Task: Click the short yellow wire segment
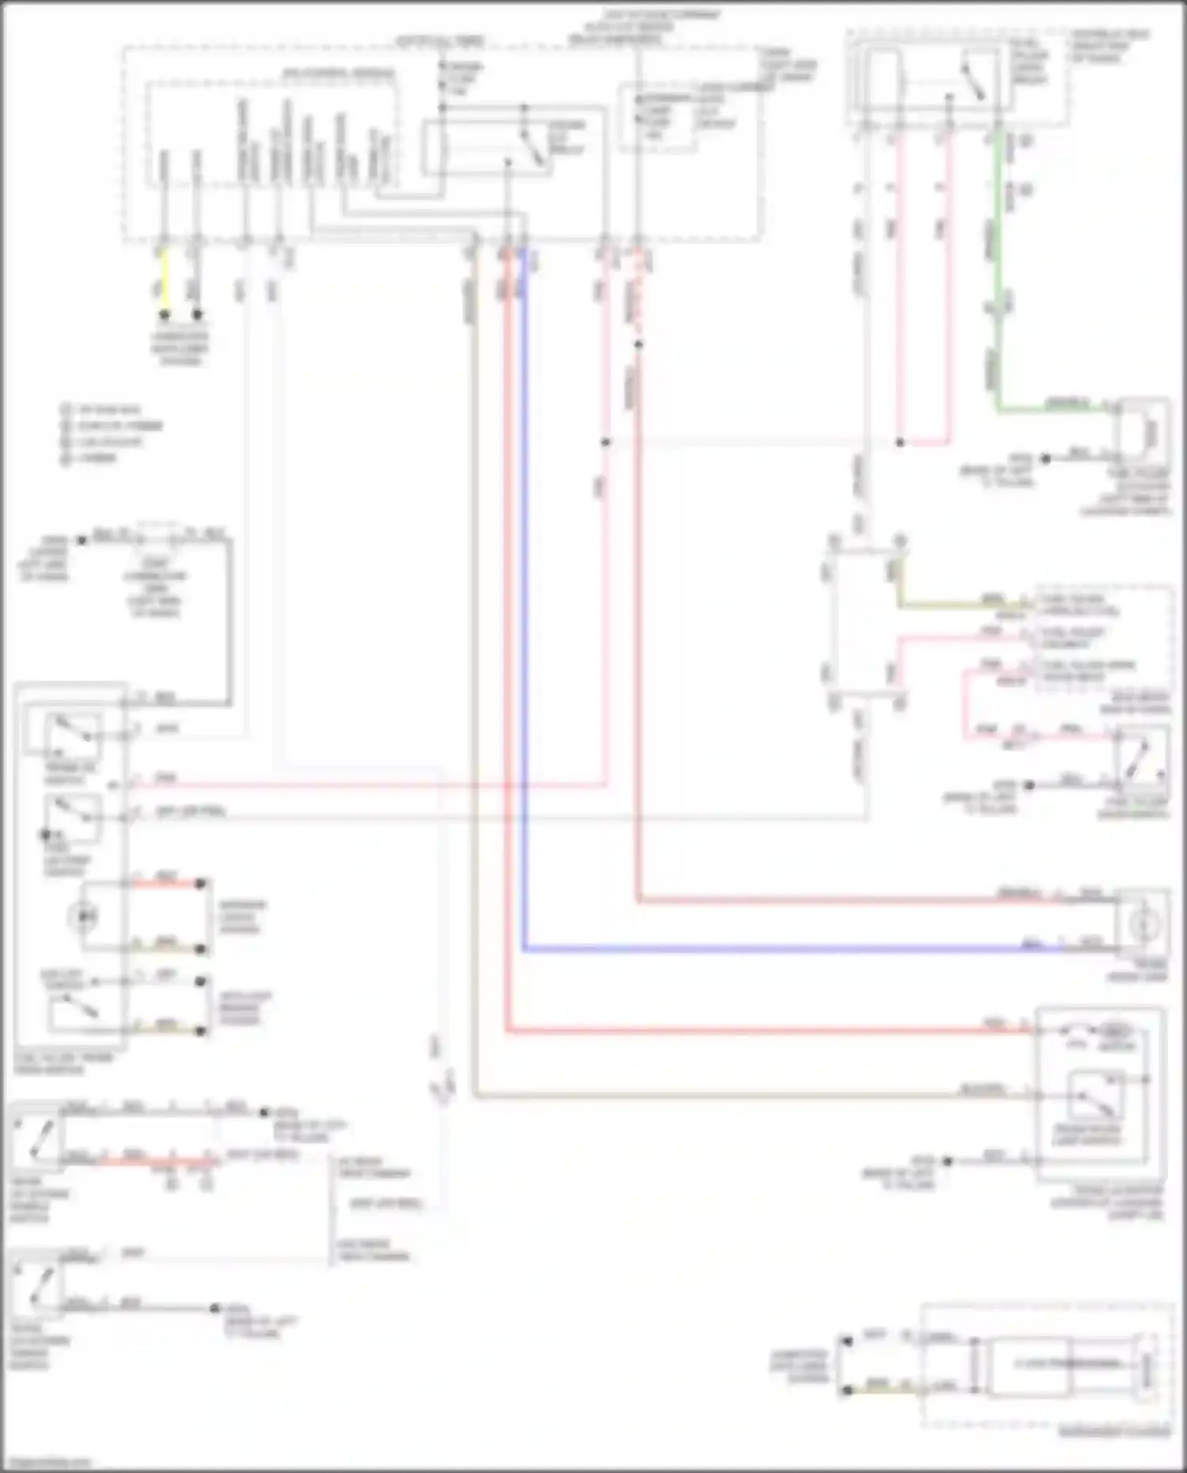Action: [164, 281]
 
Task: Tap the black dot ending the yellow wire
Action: [165, 314]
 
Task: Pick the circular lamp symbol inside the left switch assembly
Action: [82, 917]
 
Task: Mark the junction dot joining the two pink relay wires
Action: [900, 442]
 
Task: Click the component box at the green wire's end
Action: [1143, 431]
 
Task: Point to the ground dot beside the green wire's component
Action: [1045, 458]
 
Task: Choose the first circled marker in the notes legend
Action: [66, 410]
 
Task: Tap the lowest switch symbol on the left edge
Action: [36, 1284]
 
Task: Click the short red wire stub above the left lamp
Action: [166, 882]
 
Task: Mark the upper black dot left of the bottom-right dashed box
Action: [848, 1341]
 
